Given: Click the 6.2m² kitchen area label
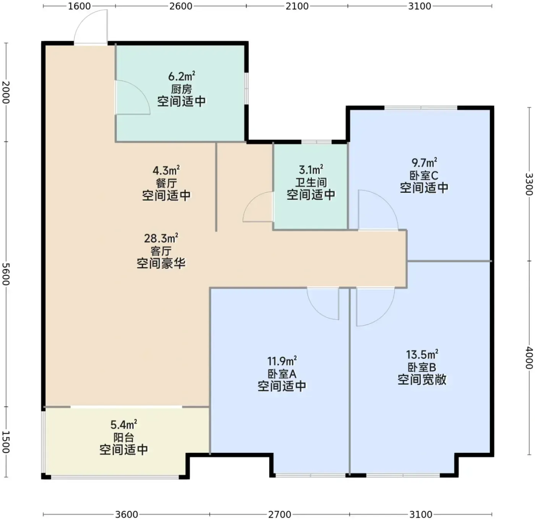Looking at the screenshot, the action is (x=182, y=76).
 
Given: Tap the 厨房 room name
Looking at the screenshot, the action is (x=182, y=89).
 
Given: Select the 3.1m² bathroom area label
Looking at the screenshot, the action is (x=311, y=170).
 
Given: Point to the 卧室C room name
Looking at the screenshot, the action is (x=424, y=175).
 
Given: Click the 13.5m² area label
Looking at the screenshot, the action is (x=422, y=354).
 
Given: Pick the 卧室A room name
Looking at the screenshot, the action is (x=282, y=374).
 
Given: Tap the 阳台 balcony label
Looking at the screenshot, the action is (x=124, y=437).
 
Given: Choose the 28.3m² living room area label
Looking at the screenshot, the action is (x=161, y=238).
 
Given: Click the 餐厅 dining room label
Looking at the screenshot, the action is (x=166, y=183).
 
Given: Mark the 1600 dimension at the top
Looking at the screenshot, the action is (x=79, y=6).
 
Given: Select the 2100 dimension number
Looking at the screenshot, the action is (x=297, y=6).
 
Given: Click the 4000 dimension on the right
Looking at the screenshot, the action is (x=529, y=357).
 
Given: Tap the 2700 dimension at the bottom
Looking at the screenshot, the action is (x=280, y=514).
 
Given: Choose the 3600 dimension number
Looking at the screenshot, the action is (x=126, y=514).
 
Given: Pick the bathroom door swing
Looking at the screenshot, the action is (x=251, y=200).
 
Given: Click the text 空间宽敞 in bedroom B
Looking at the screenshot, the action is (x=422, y=380).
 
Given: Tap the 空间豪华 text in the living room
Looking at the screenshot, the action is (x=161, y=263).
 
